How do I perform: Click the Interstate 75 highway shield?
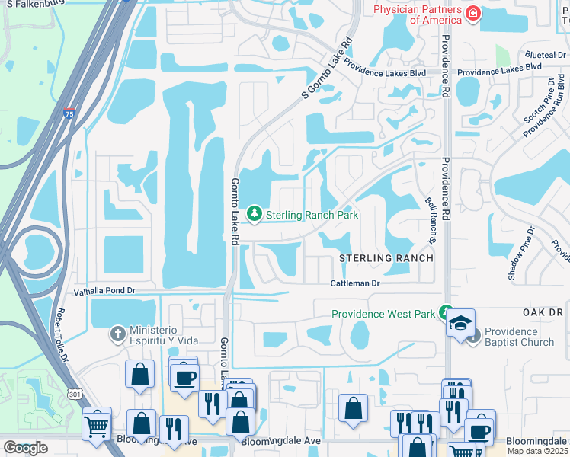click(x=69, y=114)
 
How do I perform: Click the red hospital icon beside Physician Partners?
click(x=473, y=13)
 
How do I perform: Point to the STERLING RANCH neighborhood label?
click(x=386, y=258)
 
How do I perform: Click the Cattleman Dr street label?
click(x=354, y=283)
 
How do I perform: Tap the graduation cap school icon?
click(x=460, y=324)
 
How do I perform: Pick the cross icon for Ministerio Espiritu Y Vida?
click(x=117, y=333)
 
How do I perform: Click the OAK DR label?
click(x=542, y=313)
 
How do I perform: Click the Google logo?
click(x=25, y=448)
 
